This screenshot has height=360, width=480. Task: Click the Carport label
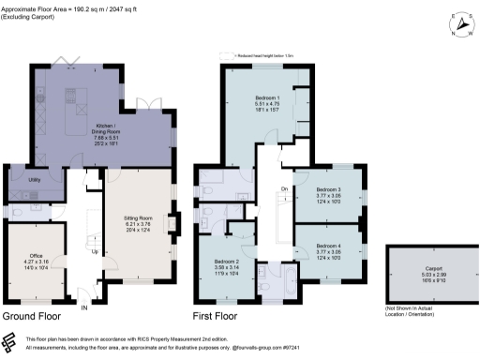pyautogui.click(x=432, y=265)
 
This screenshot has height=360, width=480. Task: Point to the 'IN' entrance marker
pyautogui.click(x=83, y=306)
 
